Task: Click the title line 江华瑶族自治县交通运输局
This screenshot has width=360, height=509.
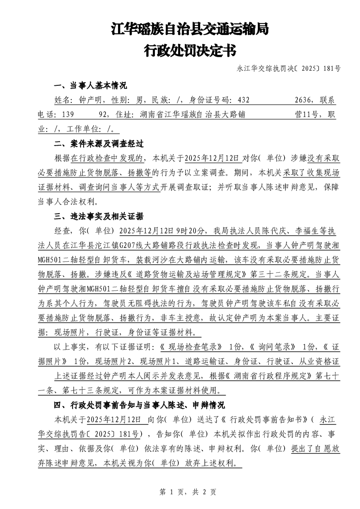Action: tap(190, 29)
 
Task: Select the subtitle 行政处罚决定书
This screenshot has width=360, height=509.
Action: tap(190, 50)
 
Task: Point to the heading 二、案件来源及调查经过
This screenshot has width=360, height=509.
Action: tap(99, 144)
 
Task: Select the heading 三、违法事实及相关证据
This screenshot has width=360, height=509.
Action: tap(99, 216)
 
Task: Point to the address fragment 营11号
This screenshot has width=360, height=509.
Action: tap(307, 115)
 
